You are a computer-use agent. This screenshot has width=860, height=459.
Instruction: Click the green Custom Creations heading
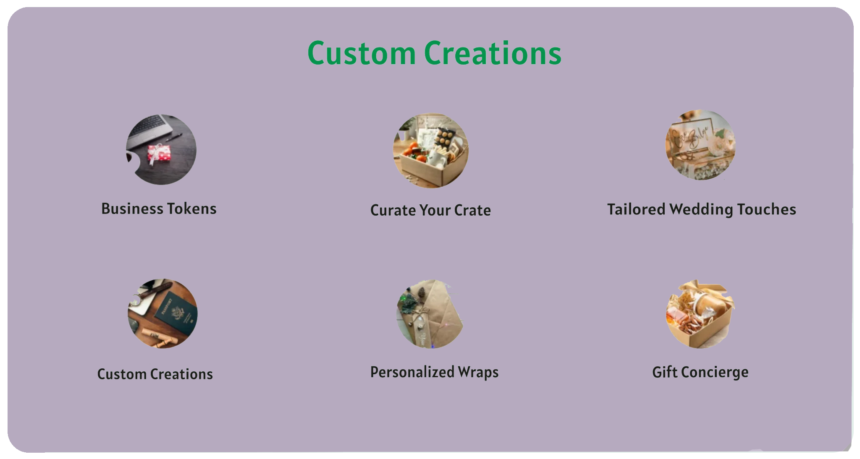pyautogui.click(x=434, y=53)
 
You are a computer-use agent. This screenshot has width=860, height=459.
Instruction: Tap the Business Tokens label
pyautogui.click(x=159, y=209)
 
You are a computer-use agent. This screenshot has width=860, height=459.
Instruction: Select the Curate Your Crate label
pyautogui.click(x=430, y=210)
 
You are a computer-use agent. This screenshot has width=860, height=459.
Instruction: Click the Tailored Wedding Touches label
pyautogui.click(x=701, y=209)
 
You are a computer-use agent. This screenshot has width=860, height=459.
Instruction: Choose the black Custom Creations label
pyautogui.click(x=155, y=374)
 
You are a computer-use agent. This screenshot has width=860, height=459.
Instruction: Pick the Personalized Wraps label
pyautogui.click(x=434, y=372)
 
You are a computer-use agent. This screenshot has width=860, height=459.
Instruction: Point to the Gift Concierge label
pyautogui.click(x=700, y=372)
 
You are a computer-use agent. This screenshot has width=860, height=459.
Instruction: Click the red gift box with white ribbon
pyautogui.click(x=159, y=153)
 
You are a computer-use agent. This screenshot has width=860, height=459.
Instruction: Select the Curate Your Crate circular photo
pyautogui.click(x=430, y=150)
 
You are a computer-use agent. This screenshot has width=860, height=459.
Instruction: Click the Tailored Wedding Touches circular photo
pyautogui.click(x=700, y=145)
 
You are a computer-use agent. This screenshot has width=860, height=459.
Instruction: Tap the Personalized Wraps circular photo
pyautogui.click(x=430, y=314)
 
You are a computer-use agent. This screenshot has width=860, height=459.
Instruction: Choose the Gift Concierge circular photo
pyautogui.click(x=700, y=314)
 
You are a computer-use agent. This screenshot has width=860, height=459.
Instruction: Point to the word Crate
pyautogui.click(x=472, y=210)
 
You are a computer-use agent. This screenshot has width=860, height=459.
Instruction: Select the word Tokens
pyautogui.click(x=192, y=209)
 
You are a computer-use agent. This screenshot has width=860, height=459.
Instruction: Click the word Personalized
pyautogui.click(x=412, y=372)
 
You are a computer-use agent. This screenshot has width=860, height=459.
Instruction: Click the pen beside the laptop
pyautogui.click(x=174, y=137)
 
